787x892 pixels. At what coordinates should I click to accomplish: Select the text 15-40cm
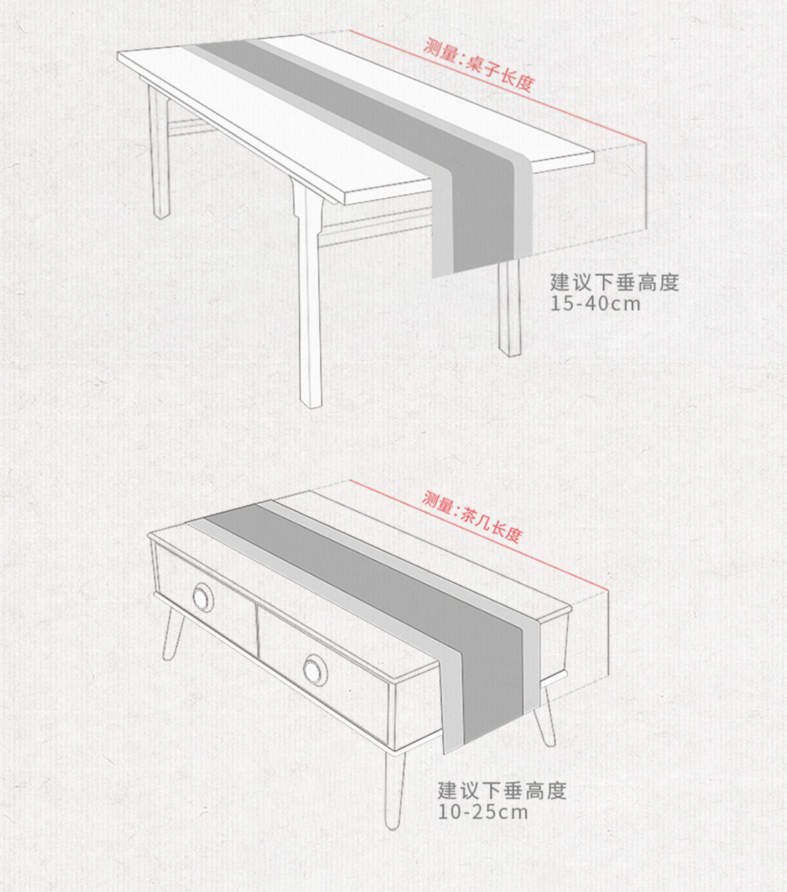595,304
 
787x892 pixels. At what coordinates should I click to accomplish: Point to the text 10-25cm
483,812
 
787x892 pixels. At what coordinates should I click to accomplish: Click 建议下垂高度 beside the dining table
614,282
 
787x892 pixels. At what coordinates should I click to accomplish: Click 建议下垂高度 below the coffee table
502,790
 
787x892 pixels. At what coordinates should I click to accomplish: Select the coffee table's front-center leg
393,787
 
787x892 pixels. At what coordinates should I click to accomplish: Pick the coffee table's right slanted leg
545,716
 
